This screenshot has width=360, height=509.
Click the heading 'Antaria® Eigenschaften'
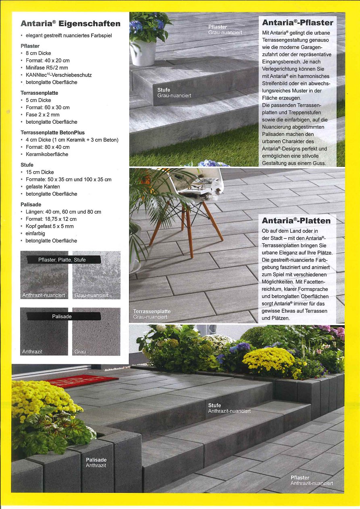pos(71,23)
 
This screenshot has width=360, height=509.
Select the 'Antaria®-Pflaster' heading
pos(298,23)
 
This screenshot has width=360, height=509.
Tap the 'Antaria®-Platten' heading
pos(296,221)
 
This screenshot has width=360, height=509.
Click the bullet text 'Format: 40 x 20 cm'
pos(48,60)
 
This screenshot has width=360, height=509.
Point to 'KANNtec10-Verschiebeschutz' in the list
pos(58,75)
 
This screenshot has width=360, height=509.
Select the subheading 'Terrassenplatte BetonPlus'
pos(52,133)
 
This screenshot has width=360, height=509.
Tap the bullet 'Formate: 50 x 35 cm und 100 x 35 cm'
pos(69,179)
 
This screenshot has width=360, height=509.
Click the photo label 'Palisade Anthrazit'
pos(96,463)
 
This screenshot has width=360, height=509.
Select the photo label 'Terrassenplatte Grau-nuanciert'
pos(152,314)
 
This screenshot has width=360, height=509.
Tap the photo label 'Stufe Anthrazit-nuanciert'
pos(229,408)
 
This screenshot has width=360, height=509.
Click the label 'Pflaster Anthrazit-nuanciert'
pos(312,480)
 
